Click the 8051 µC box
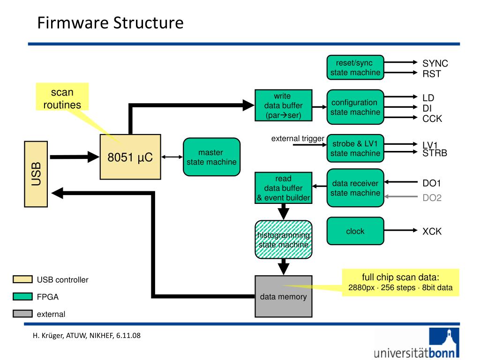(x=130, y=157)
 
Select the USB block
(x=36, y=174)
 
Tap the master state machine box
(x=211, y=157)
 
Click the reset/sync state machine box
(x=355, y=67)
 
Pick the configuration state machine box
(x=355, y=107)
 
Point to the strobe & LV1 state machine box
(x=355, y=148)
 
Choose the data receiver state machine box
(x=355, y=187)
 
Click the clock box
(x=355, y=231)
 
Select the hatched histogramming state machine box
(x=284, y=240)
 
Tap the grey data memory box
(x=284, y=296)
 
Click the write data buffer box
(x=284, y=105)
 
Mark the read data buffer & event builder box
(x=284, y=187)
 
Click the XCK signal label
(x=432, y=232)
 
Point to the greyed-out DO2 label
(x=432, y=198)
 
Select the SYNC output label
(x=435, y=63)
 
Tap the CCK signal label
(x=432, y=119)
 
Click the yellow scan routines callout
(x=62, y=97)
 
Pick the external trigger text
(x=298, y=139)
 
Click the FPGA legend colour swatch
(x=22, y=296)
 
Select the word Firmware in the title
(x=73, y=22)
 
